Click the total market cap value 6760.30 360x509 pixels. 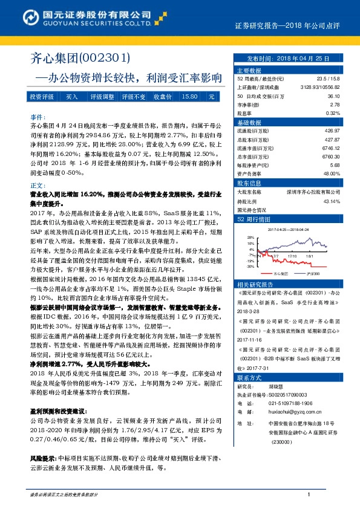[330, 156]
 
